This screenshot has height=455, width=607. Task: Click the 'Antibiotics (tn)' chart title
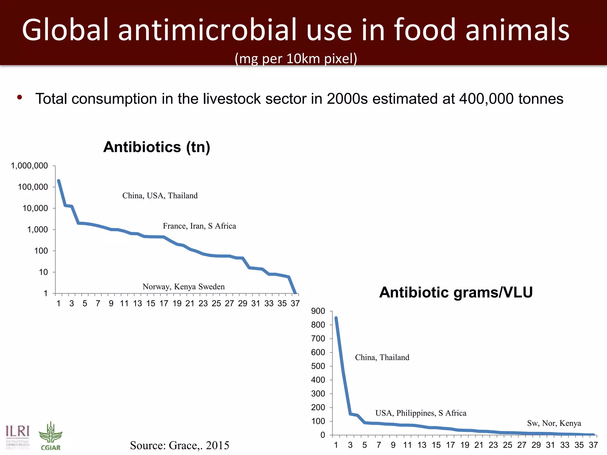coord(156,147)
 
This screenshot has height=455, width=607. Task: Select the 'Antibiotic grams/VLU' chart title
coord(456,292)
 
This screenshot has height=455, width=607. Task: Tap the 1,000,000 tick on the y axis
coord(29,166)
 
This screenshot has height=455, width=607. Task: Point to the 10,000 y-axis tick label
coord(35,209)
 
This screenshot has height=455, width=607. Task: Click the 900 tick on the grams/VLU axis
coord(318,311)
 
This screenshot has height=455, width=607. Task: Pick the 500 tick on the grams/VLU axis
coord(318,366)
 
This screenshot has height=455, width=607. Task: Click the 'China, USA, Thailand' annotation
coord(160,196)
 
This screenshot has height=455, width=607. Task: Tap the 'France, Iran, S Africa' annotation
coord(199,226)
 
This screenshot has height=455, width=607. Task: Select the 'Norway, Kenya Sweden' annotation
coord(183,287)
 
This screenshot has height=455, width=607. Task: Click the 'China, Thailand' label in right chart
coord(382,358)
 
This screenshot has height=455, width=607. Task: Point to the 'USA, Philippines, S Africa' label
coord(421,413)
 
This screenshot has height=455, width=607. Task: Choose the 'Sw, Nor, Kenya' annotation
coord(554,423)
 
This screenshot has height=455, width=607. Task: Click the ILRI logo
coord(18,435)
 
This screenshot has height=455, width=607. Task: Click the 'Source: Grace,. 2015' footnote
coord(180,445)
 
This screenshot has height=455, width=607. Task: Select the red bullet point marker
coord(20,97)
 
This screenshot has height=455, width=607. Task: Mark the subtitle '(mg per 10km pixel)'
coord(296,59)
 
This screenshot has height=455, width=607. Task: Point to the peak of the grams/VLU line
coord(336,318)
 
